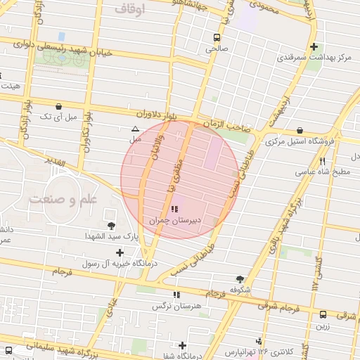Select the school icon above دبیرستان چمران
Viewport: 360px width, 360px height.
pos(174,209)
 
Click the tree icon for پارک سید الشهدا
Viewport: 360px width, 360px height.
pos(111,226)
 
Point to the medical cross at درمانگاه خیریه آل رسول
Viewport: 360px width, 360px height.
pos(120,252)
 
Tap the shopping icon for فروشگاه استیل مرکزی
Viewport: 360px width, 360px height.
pos(300,130)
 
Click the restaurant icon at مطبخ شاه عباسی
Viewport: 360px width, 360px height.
pos(322,161)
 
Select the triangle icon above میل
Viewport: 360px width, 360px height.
pos(135,129)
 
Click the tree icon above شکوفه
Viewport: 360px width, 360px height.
pos(240,279)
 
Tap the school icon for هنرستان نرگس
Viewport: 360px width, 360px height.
pos(176,295)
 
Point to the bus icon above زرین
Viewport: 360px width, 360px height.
pos(323,315)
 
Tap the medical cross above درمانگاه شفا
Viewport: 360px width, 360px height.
pos(183,345)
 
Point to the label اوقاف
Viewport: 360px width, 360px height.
pos(128,9)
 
